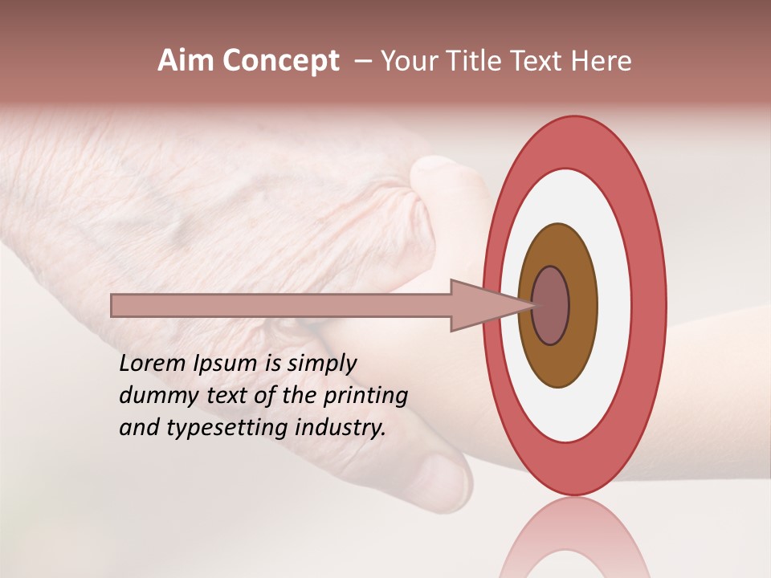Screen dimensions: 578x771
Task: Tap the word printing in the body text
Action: (x=364, y=397)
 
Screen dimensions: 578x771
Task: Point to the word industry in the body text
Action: (x=341, y=428)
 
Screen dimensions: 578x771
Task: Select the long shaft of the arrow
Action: (x=281, y=306)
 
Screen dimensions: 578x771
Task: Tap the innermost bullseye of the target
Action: (x=552, y=306)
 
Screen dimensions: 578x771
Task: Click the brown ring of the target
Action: (x=557, y=361)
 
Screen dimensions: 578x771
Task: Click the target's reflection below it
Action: (x=573, y=538)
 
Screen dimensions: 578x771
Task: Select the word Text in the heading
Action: (x=540, y=61)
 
